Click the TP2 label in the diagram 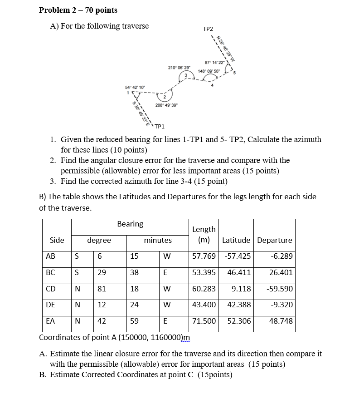(208, 29)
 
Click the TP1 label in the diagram (159, 126)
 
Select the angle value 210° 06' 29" (180, 67)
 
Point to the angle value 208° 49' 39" (166, 105)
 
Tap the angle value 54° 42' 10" (135, 87)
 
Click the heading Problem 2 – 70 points (78, 10)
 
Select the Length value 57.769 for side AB (204, 256)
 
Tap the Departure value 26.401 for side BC (281, 272)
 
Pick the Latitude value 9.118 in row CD (239, 289)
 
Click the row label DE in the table (50, 305)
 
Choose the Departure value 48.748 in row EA (281, 321)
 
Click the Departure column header (274, 240)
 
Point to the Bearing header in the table (130, 224)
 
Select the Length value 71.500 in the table (204, 321)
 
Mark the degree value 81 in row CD (102, 289)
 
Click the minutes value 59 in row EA (134, 321)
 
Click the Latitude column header (236, 240)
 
